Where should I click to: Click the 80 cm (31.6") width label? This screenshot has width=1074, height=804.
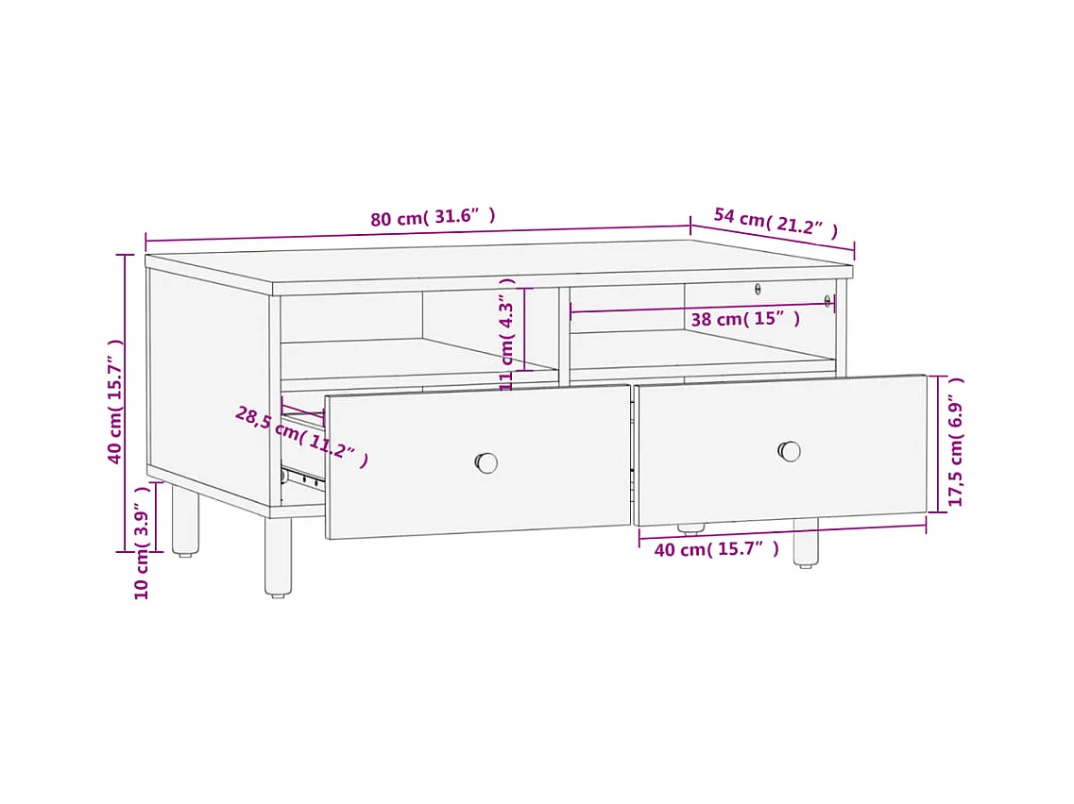click(433, 217)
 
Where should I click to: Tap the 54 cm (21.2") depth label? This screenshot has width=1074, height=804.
click(776, 222)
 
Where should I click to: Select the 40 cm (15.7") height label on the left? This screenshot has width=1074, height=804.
click(114, 401)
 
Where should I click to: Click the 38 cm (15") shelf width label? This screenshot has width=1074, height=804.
click(745, 319)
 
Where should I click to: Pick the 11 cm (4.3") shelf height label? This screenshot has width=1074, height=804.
click(507, 334)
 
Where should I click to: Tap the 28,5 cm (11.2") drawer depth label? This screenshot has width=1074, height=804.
click(301, 436)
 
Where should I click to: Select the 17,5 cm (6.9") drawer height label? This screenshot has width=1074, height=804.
click(956, 442)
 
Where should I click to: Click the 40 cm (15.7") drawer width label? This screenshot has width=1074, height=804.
click(716, 549)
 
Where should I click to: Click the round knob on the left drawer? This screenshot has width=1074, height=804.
click(486, 462)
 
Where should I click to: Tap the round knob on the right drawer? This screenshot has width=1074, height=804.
click(790, 452)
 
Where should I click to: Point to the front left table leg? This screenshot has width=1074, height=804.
click(278, 557)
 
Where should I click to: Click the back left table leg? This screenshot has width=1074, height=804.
click(185, 520)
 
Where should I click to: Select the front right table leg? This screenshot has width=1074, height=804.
click(806, 543)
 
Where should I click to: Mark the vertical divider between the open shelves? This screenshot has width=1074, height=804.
click(565, 335)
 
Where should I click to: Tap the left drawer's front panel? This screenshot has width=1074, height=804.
click(477, 461)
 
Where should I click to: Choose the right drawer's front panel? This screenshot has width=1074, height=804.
click(781, 450)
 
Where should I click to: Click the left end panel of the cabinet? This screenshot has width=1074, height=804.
click(209, 387)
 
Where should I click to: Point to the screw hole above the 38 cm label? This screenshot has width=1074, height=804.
click(758, 290)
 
